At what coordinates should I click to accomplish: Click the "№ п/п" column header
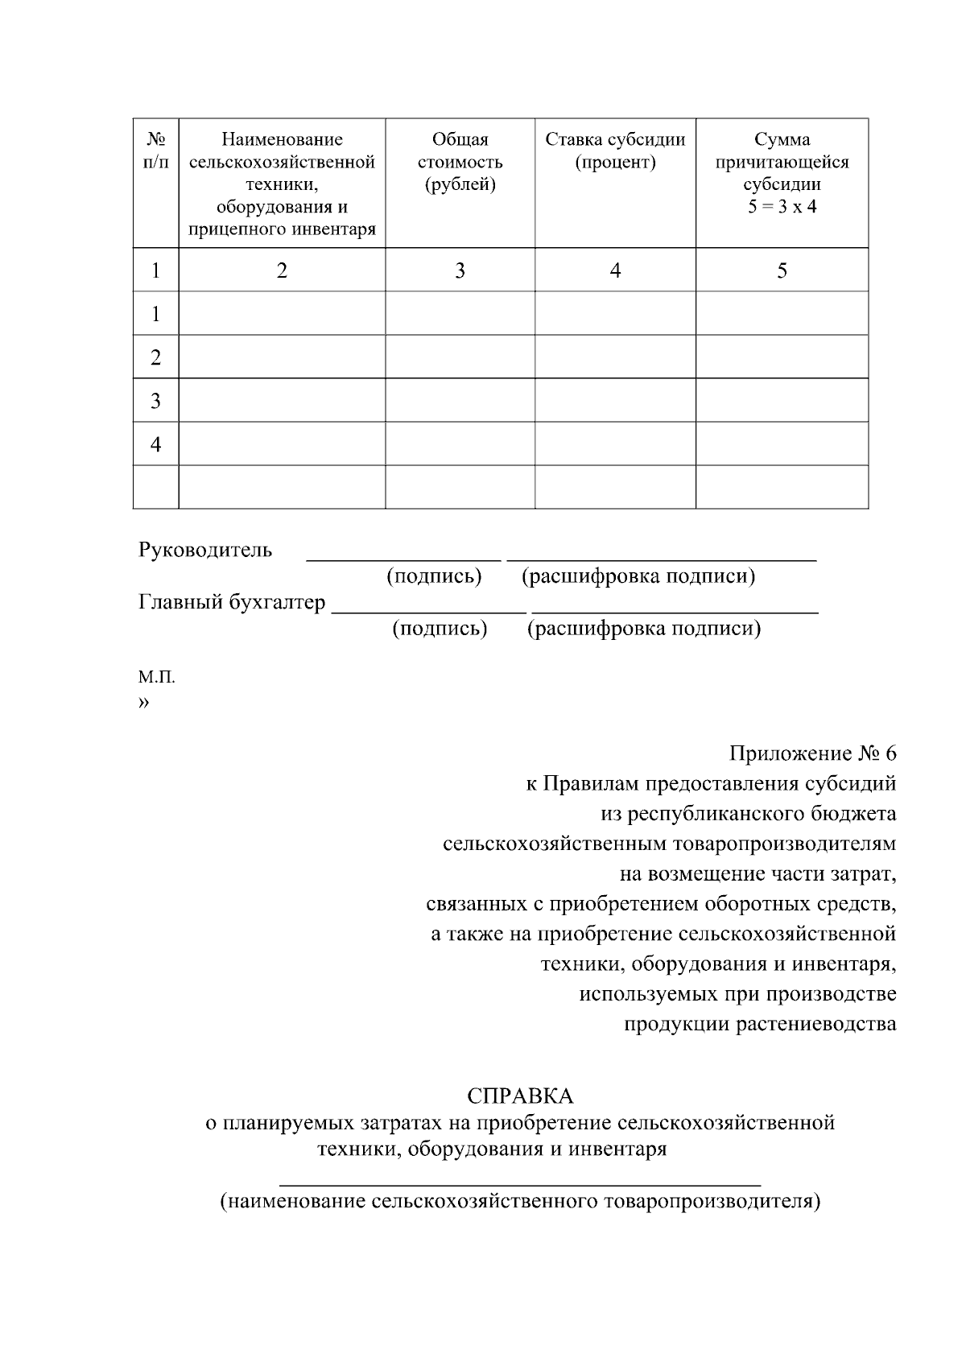coord(155,151)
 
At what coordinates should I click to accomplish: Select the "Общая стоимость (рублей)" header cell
coord(460,162)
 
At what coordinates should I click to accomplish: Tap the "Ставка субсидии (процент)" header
coord(615,151)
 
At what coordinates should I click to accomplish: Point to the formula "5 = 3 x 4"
coord(782,207)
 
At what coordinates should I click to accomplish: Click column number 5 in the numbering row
coord(782,270)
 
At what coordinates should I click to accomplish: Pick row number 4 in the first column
coord(155,444)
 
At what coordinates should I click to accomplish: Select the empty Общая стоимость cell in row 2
coord(460,357)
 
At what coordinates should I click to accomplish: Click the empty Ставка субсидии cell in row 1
coord(615,313)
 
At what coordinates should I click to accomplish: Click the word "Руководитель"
coord(205,551)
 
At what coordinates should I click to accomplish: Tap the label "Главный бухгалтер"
coord(232,602)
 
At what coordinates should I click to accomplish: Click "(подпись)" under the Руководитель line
coord(434,576)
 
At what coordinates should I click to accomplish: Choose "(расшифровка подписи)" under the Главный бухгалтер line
coord(643,628)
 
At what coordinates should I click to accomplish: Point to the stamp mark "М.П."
coord(156,677)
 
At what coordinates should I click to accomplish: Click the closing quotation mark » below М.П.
coord(143,703)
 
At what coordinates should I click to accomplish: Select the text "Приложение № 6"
coord(812,753)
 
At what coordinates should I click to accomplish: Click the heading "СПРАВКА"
coord(520,1096)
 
